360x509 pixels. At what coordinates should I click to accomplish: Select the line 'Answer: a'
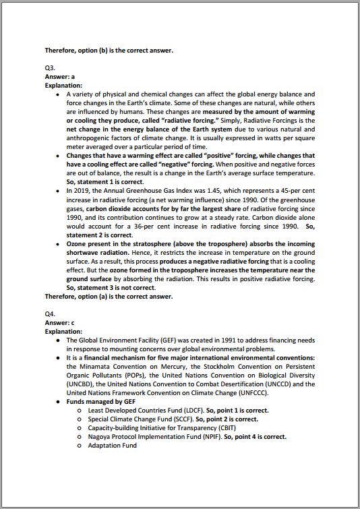(x=59, y=77)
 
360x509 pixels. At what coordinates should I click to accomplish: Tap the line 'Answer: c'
(x=59, y=323)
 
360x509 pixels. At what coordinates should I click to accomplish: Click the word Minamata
(x=91, y=366)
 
